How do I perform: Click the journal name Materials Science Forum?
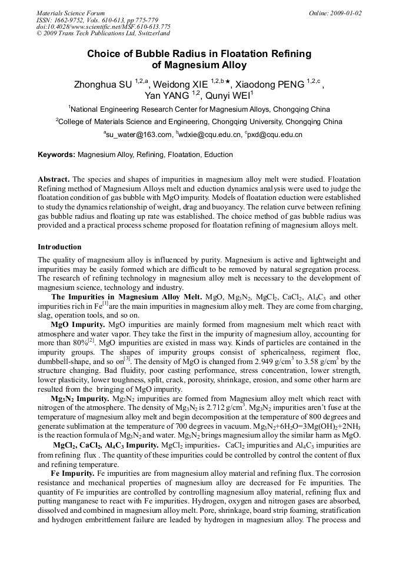71,13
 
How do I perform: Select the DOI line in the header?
104,26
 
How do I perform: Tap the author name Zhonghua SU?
102,85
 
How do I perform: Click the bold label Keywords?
56,155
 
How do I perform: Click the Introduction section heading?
59,247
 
